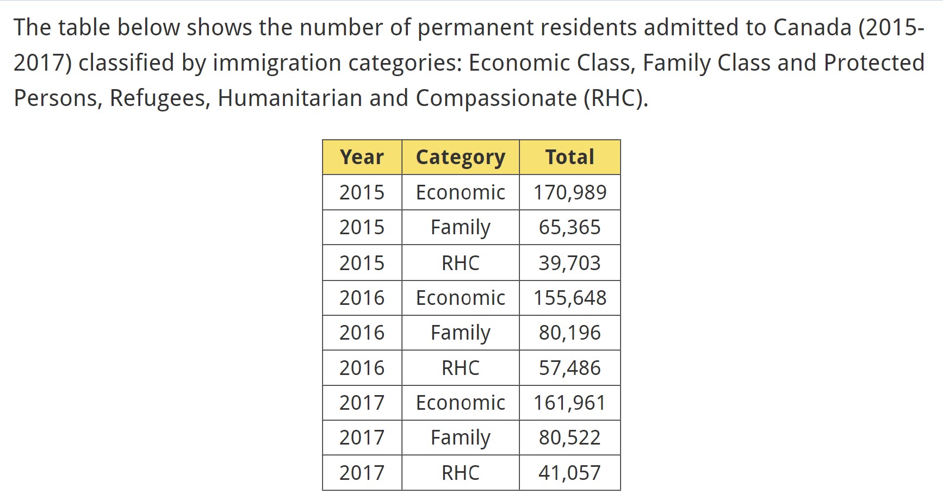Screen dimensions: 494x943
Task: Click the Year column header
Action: click(362, 157)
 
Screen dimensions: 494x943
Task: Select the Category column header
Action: click(460, 157)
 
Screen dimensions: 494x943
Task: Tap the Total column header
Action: click(569, 157)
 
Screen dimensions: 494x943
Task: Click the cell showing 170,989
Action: click(569, 192)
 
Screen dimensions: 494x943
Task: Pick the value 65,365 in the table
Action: click(569, 227)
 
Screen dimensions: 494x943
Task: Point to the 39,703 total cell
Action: click(569, 263)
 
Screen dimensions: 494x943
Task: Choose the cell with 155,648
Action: click(569, 298)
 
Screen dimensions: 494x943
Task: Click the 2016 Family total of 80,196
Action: click(569, 333)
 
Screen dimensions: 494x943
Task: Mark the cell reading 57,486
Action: click(569, 368)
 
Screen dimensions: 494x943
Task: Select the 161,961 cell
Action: click(569, 403)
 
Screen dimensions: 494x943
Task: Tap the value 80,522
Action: click(569, 437)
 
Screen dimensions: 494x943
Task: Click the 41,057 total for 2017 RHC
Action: click(569, 473)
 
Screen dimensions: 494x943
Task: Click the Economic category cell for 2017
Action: click(460, 403)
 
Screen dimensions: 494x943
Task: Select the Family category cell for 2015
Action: click(460, 227)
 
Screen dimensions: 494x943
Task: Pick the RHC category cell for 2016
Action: click(460, 368)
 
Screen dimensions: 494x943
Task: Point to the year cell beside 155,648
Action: click(362, 298)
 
